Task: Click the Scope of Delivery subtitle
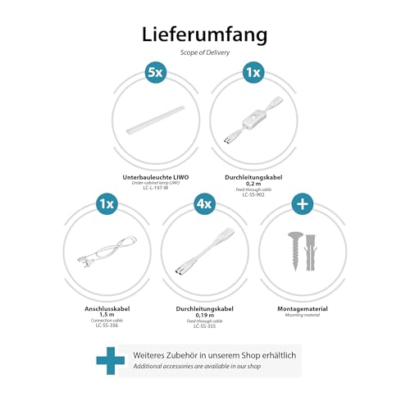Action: point(204,52)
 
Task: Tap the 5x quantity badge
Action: point(155,72)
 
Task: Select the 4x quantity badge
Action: point(204,203)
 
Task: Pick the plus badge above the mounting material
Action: point(303,203)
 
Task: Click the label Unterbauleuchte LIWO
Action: point(155,177)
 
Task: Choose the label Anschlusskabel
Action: point(106,307)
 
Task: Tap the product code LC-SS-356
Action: point(106,326)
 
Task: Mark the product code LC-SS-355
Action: point(204,326)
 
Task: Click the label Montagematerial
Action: point(303,307)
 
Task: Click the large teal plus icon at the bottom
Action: point(111,362)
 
